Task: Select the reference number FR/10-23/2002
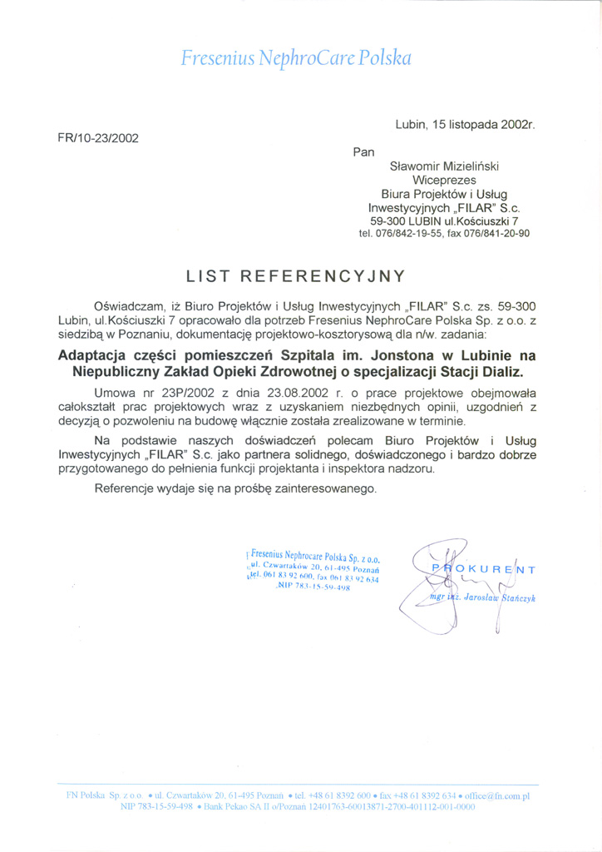[x=97, y=137]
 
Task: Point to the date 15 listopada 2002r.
[x=484, y=125]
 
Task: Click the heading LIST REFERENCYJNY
[x=295, y=275]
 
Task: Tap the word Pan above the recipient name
[x=363, y=151]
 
